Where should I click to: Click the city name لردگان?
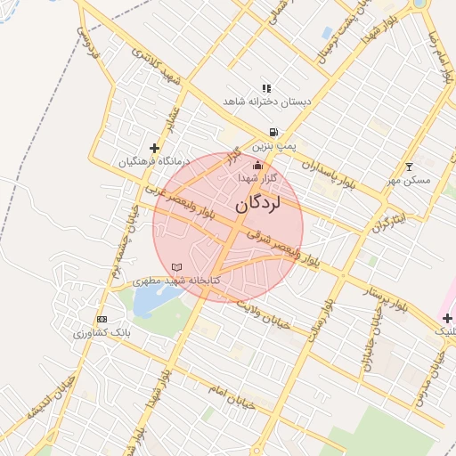258,204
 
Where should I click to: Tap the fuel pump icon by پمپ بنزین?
260,132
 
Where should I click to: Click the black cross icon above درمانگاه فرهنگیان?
155,148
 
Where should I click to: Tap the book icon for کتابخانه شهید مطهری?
176,267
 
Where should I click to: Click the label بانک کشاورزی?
102,332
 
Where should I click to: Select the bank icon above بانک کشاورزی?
102,319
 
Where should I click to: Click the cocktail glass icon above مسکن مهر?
410,166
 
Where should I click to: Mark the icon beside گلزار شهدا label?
258,165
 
